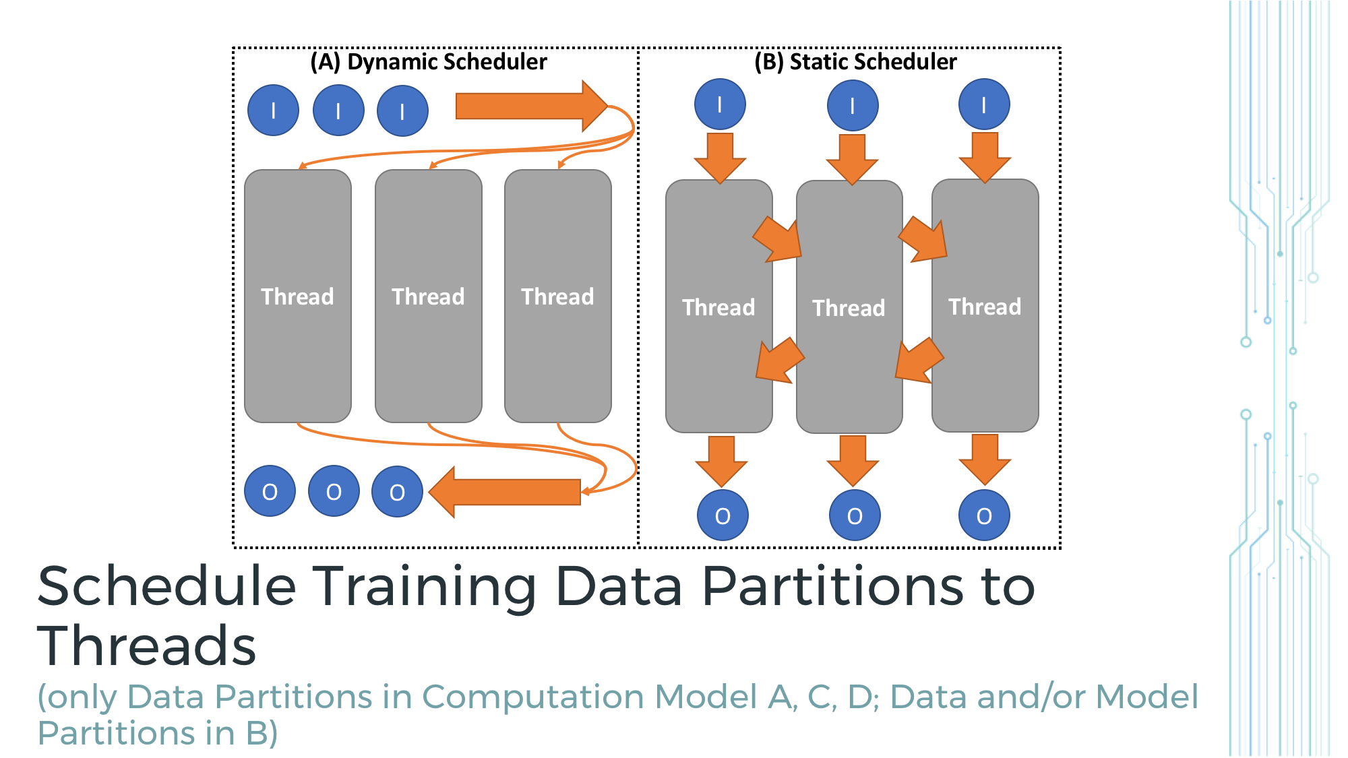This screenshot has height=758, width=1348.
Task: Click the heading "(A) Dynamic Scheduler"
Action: click(x=429, y=62)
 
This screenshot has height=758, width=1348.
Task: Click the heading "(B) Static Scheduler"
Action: click(x=855, y=62)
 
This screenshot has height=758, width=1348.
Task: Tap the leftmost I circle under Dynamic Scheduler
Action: click(x=273, y=110)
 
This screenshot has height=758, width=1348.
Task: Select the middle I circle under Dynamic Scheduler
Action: click(x=338, y=110)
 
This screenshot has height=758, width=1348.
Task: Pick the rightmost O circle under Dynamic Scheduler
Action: click(x=397, y=492)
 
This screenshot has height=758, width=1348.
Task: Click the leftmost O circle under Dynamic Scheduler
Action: click(x=270, y=492)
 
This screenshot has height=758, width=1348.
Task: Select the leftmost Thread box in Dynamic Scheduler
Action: click(x=297, y=296)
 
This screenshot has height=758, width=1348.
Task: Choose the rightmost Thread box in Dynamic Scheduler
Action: click(x=558, y=296)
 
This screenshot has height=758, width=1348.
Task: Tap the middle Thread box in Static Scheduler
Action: click(x=849, y=307)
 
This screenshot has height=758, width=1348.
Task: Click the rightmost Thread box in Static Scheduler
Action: click(x=985, y=306)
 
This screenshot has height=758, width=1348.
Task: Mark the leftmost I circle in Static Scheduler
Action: click(x=720, y=104)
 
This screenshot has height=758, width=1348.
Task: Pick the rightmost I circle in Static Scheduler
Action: click(x=984, y=104)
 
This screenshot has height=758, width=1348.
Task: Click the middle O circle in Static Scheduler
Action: click(x=855, y=515)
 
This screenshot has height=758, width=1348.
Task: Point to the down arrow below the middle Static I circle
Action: click(x=853, y=159)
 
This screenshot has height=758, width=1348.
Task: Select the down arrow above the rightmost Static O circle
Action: click(x=985, y=459)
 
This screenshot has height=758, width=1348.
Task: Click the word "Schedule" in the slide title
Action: click(x=166, y=586)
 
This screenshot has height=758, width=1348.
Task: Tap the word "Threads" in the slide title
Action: click(x=146, y=645)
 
